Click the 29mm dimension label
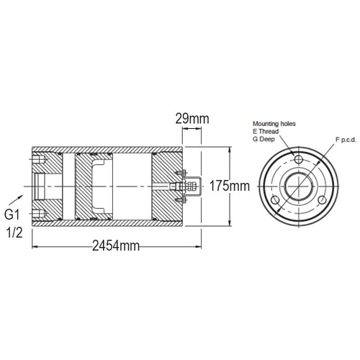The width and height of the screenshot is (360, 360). (x=192, y=119)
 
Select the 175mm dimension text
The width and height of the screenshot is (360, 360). (x=230, y=186)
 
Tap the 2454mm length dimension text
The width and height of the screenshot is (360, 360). (x=116, y=246)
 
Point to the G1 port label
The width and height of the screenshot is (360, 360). (x=12, y=215)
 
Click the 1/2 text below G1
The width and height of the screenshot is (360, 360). (x=14, y=233)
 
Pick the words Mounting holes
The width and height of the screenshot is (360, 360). (x=274, y=124)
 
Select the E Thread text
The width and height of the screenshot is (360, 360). (x=266, y=132)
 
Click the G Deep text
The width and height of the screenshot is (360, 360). (x=264, y=139)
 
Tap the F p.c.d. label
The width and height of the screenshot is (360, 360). (x=346, y=140)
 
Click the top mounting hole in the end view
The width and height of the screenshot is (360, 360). (x=298, y=159)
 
